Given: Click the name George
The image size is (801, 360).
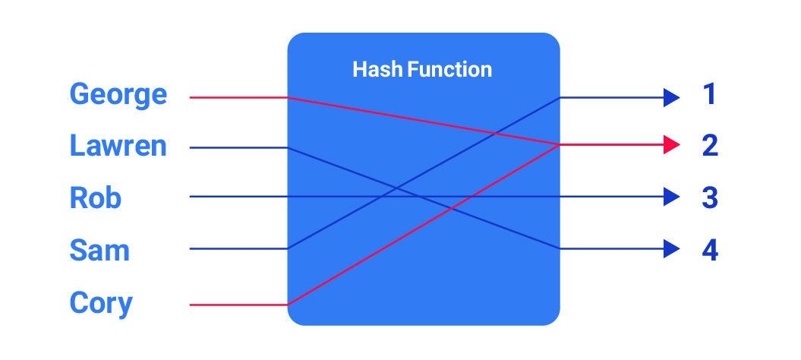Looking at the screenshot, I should [x=118, y=96].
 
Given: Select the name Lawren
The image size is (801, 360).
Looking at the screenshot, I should [x=118, y=146].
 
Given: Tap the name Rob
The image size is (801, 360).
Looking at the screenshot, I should [x=96, y=197].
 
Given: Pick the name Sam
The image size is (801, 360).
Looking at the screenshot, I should [x=99, y=249].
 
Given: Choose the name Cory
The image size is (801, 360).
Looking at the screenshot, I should [x=101, y=303].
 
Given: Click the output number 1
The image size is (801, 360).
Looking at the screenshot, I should [x=709, y=96].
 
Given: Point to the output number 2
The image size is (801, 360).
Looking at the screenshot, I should [x=709, y=146].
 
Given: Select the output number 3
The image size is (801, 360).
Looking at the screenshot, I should [x=709, y=197].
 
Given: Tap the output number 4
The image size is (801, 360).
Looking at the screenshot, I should [x=709, y=249].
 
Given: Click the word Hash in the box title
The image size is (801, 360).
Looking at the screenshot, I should [x=377, y=70].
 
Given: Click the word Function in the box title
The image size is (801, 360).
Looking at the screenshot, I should [x=449, y=70].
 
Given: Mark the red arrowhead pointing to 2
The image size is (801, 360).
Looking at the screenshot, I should [x=670, y=145].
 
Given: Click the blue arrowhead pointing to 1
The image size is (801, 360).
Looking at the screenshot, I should [x=670, y=96].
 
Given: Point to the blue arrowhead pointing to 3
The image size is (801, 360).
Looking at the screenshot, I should [x=670, y=197].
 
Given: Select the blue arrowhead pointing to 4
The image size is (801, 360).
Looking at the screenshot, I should [x=670, y=248].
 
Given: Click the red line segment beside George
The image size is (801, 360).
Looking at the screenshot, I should [x=238, y=97].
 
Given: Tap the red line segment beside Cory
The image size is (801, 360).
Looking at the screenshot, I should [x=238, y=305].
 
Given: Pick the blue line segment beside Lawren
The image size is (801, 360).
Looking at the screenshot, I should [x=238, y=147].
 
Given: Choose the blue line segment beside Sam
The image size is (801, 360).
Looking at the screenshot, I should [x=238, y=248].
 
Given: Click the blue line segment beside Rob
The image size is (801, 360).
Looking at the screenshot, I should [x=238, y=197].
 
